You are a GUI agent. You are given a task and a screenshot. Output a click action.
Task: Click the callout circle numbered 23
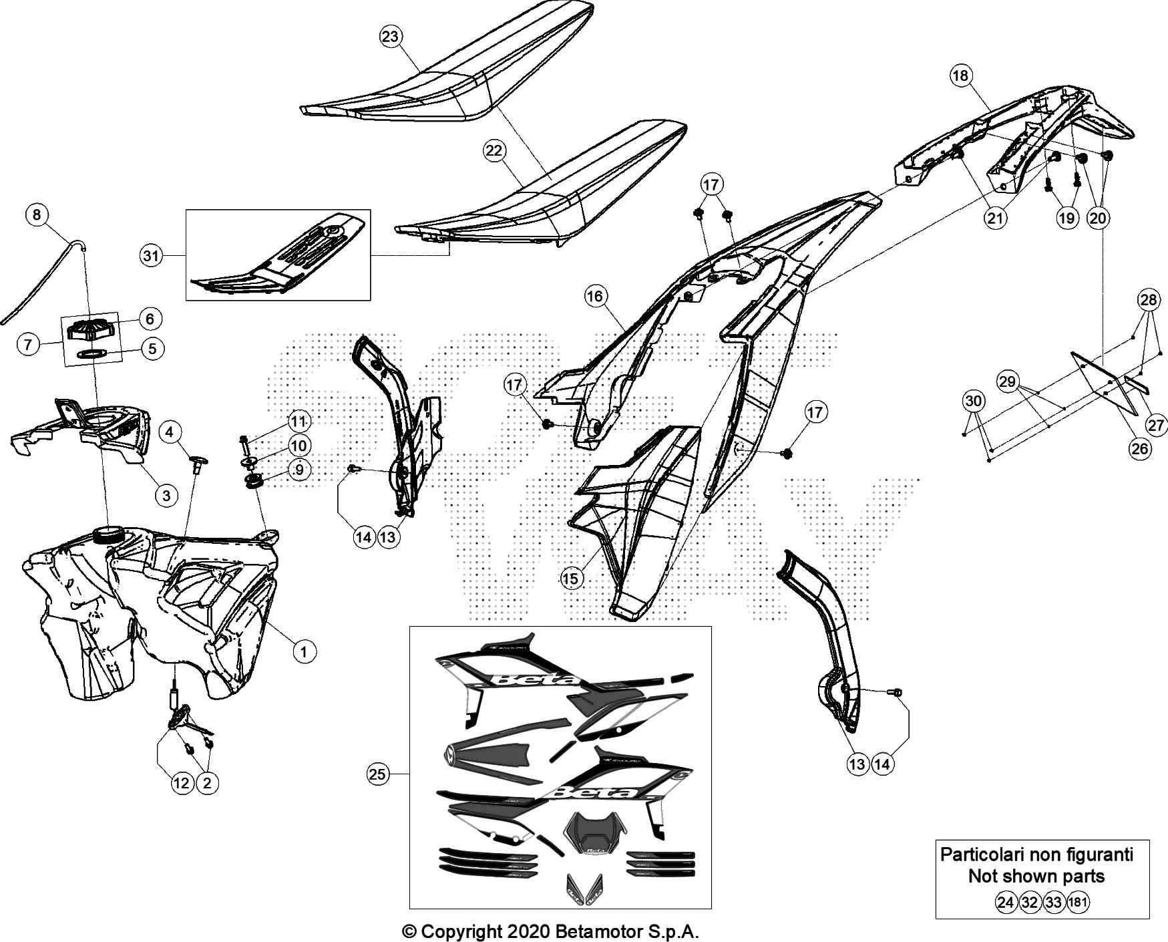coord(390,37)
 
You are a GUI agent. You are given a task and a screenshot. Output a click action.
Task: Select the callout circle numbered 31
coord(153,255)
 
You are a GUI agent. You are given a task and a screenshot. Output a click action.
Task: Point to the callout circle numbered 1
coord(304,650)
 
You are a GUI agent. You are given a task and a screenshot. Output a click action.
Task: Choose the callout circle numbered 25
coord(377,774)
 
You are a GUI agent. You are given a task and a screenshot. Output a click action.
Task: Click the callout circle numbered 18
coord(960,75)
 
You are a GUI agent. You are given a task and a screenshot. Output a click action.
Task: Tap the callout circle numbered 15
coord(572,579)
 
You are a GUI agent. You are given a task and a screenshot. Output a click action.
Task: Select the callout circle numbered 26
coord(1139,448)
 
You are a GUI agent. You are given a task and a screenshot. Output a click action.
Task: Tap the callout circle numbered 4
coord(170,432)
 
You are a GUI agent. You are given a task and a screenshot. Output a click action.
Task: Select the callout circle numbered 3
coord(166,495)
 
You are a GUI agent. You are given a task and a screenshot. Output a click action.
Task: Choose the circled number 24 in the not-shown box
coord(1005,903)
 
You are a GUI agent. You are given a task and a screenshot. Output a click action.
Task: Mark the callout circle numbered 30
coord(974,401)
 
